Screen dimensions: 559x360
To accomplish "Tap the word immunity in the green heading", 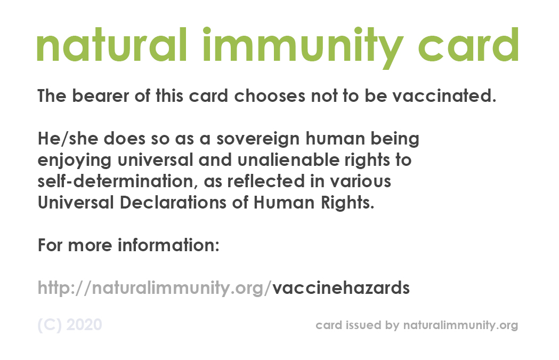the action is [303, 47].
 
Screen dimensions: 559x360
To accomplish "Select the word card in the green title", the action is [468, 45].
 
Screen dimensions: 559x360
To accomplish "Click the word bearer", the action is [101, 95].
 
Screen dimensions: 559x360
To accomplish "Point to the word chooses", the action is [270, 95].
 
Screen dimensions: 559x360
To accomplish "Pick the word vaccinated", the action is [444, 95].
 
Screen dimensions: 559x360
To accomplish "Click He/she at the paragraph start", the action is [68, 139].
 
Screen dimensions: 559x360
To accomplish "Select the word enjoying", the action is [75, 161].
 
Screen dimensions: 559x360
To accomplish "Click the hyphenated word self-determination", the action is [115, 181].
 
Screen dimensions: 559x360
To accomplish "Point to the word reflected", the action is [266, 181].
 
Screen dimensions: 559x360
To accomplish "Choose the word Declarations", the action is [173, 202].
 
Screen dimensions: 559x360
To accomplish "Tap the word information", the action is [168, 245].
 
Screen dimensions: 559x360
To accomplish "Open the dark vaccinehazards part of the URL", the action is [341, 287].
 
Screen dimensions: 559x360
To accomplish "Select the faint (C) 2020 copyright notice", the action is [70, 325].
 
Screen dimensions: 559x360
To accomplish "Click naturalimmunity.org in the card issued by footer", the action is [460, 325].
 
